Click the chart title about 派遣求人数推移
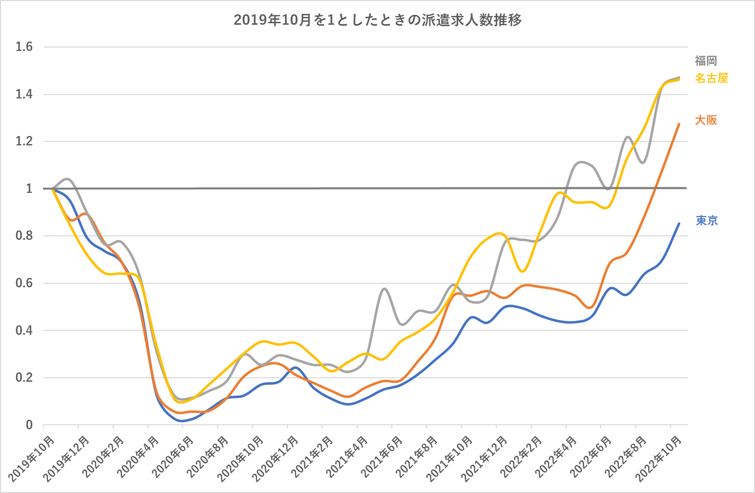pyautogui.click(x=377, y=20)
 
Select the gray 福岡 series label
pyautogui.click(x=706, y=61)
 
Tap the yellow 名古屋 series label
pyautogui.click(x=711, y=78)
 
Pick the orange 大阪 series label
pyautogui.click(x=706, y=120)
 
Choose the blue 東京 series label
pyautogui.click(x=707, y=221)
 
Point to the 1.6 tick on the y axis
pyautogui.click(x=24, y=47)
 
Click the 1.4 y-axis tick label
pyautogui.click(x=24, y=94)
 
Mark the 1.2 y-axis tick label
pyautogui.click(x=24, y=141)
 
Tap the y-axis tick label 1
pyautogui.click(x=29, y=188)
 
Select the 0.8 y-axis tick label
pyautogui.click(x=24, y=236)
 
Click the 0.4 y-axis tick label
pyautogui.click(x=24, y=330)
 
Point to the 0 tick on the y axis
pyautogui.click(x=29, y=425)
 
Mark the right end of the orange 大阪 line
pyautogui.click(x=679, y=124)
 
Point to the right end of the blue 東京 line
pyautogui.click(x=679, y=224)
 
